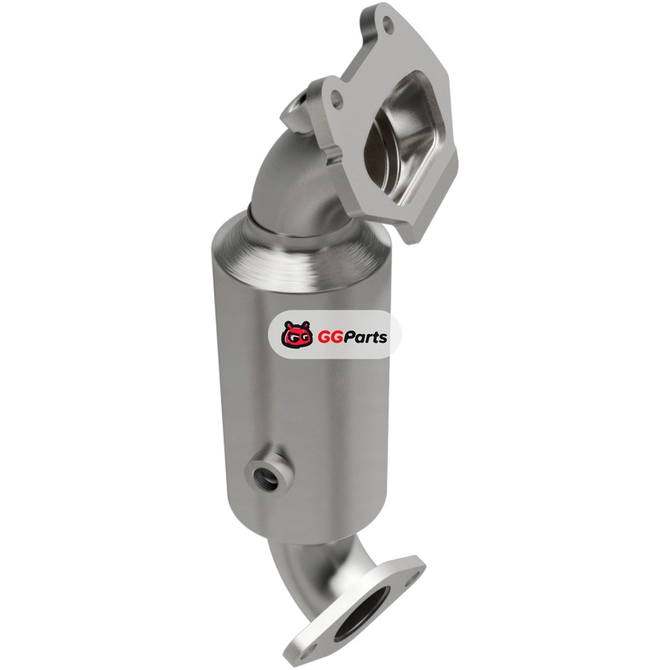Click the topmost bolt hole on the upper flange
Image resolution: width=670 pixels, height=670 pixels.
pos(388,22)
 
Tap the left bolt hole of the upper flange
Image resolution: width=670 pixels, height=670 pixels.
pos(338,99)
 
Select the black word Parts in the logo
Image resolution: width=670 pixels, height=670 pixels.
pos(364,337)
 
